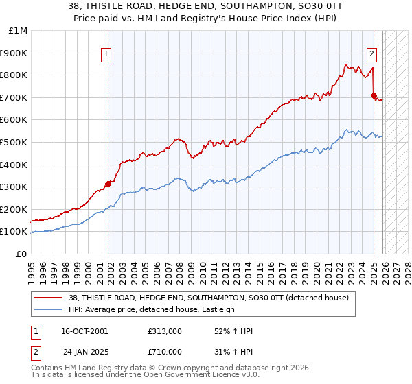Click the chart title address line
pos(206,6)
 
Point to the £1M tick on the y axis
pos(18,31)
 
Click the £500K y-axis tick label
pos(14,143)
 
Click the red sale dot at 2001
pos(108,184)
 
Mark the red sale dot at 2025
pos(374,95)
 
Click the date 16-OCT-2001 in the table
pos(84,331)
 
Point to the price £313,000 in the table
pos(164,331)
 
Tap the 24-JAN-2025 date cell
pos(84,351)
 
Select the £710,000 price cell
pos(164,351)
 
